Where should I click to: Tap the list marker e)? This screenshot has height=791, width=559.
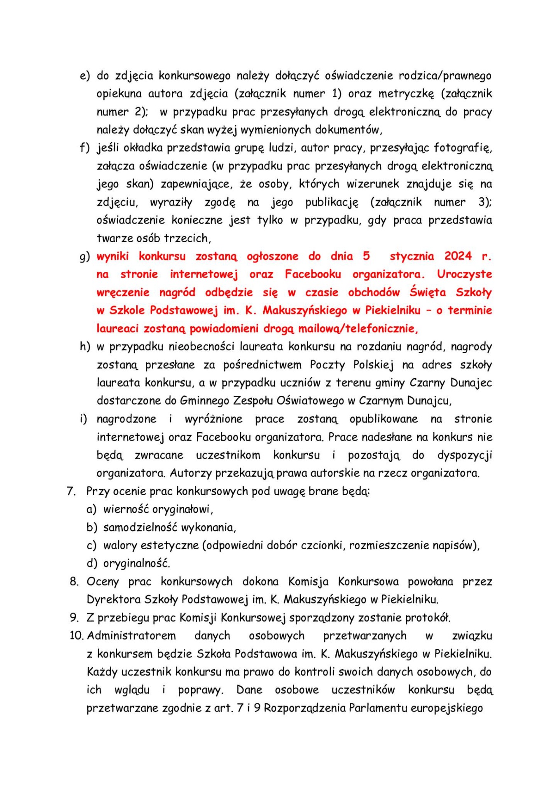pyautogui.click(x=84, y=76)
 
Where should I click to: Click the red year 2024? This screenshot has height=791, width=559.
pyautogui.click(x=458, y=256)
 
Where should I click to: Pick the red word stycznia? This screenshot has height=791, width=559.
pyautogui.click(x=412, y=256)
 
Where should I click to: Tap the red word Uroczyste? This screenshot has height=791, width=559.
pyautogui.click(x=464, y=274)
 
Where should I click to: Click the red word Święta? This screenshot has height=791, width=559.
pyautogui.click(x=428, y=293)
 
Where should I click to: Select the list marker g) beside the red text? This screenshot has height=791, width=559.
pyautogui.click(x=84, y=257)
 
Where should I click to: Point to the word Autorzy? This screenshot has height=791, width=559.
pyautogui.click(x=191, y=473)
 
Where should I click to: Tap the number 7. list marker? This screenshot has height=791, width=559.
pyautogui.click(x=71, y=491)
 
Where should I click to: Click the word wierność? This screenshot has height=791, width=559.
pyautogui.click(x=126, y=510)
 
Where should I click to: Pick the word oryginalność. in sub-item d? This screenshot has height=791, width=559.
pyautogui.click(x=136, y=564)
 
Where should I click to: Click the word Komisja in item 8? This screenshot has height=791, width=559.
pyautogui.click(x=308, y=582)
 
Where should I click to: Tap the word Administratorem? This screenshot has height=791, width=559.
pyautogui.click(x=131, y=636)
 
